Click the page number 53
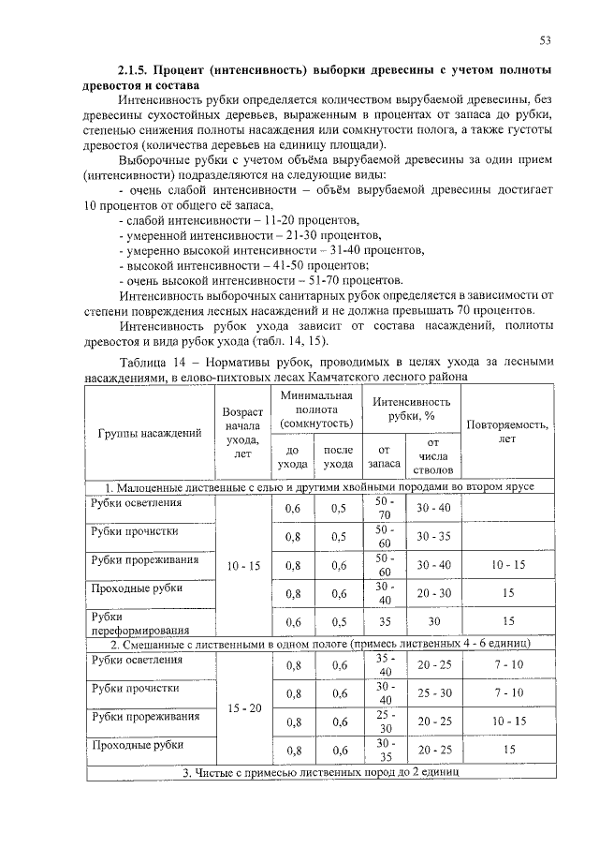(545, 40)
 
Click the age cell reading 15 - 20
(244, 708)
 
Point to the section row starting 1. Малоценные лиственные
(318, 487)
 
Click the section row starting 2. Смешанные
(318, 645)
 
